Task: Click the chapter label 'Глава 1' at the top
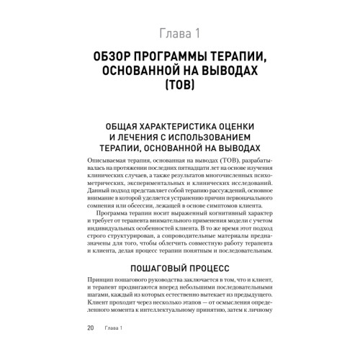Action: click(180, 32)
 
